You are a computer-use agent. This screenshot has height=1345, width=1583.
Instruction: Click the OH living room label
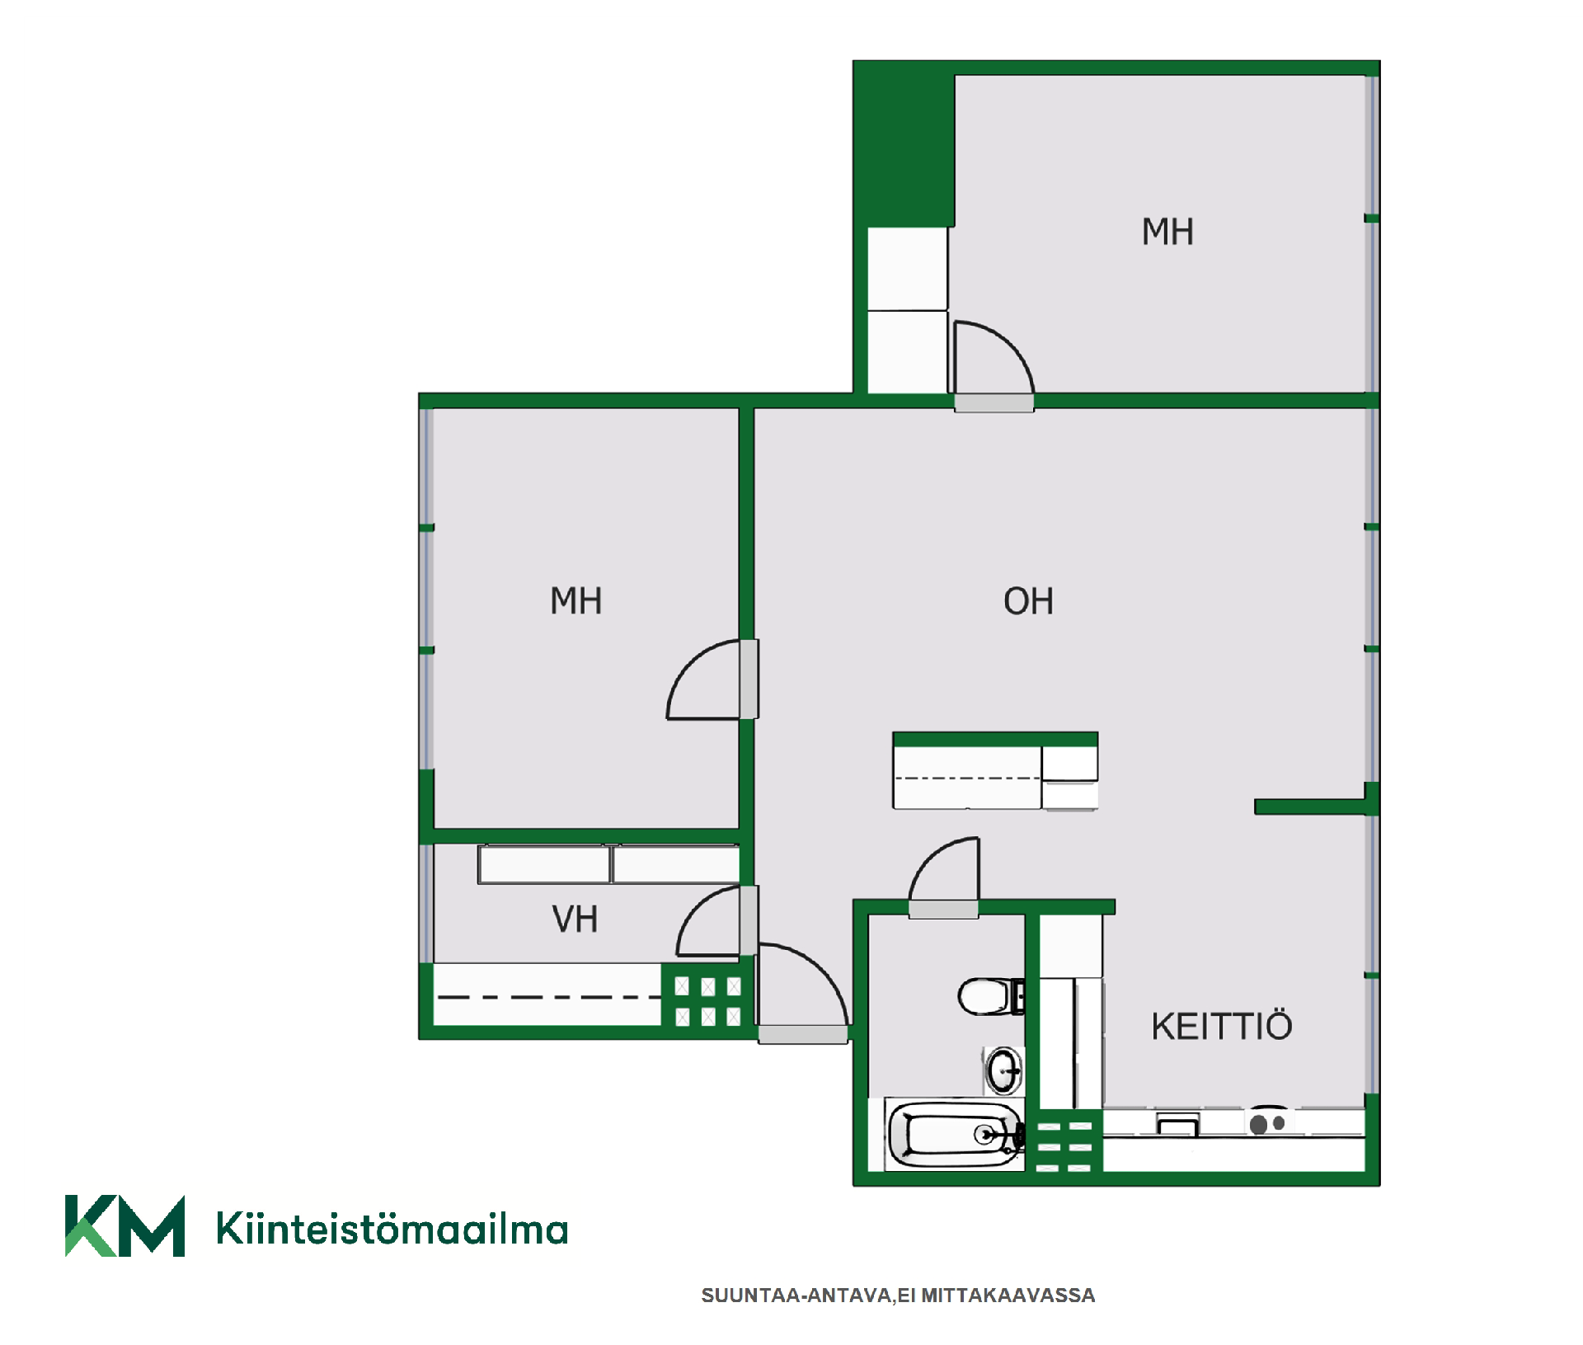coord(1028,601)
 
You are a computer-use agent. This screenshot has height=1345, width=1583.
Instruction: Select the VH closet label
coord(575,919)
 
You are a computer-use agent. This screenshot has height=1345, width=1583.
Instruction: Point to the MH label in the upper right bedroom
coord(1167,232)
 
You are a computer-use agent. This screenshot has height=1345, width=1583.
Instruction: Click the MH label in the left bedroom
coord(575,601)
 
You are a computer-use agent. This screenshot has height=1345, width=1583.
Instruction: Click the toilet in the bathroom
coord(990,996)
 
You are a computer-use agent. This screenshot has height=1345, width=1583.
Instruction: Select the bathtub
coord(955,1135)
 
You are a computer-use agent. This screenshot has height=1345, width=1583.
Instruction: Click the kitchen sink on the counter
coord(1178,1123)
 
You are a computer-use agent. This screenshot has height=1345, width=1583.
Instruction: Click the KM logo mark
coord(124,1225)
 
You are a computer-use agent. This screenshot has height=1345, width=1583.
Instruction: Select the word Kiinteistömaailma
coord(392,1228)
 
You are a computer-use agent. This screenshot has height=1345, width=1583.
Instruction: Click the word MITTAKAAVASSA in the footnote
coord(1008,1296)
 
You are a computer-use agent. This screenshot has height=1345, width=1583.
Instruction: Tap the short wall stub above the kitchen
coord(1311,807)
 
